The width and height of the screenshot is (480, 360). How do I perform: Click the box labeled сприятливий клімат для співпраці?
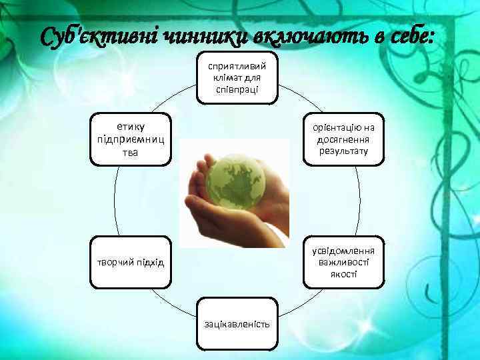(237, 77)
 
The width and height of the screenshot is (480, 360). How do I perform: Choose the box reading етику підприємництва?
(131, 139)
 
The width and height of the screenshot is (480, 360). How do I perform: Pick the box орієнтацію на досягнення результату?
(343, 139)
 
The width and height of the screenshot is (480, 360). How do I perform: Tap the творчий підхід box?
(131, 262)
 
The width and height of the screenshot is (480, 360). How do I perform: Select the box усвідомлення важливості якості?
(343, 262)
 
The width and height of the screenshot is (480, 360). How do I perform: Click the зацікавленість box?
(237, 324)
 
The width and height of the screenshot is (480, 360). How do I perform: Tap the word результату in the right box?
(343, 151)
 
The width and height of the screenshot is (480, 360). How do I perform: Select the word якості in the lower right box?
(343, 274)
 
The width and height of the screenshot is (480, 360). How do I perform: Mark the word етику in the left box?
(131, 127)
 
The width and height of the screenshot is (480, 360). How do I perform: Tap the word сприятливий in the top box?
(237, 66)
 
